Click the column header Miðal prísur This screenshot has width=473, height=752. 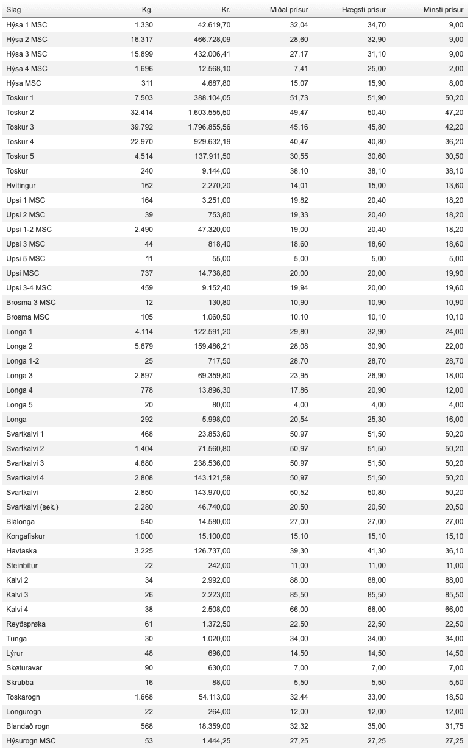(x=289, y=10)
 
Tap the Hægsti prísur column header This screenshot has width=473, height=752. (x=364, y=10)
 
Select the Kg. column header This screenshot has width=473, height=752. (x=146, y=10)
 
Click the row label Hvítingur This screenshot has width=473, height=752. (x=21, y=186)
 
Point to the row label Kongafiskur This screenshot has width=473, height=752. (x=26, y=536)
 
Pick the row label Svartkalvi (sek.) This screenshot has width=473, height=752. (x=32, y=507)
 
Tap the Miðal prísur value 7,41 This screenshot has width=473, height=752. (x=301, y=69)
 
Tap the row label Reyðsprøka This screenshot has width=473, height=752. (x=26, y=624)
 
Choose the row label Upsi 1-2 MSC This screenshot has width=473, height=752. (x=29, y=230)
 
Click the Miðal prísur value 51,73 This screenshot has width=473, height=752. (x=299, y=98)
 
